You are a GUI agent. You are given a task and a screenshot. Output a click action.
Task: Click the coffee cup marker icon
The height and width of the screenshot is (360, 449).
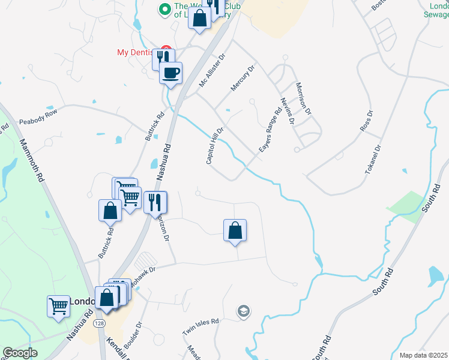pos(170,73)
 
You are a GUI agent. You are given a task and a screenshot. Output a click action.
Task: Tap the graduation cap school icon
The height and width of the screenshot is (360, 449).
pos(244,311)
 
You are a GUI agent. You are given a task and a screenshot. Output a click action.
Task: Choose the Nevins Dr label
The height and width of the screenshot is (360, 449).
pos(287,109)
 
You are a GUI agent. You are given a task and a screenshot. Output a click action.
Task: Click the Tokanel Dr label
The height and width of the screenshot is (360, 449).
pos(373,160)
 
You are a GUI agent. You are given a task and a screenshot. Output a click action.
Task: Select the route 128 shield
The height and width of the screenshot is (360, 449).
pos(97,323)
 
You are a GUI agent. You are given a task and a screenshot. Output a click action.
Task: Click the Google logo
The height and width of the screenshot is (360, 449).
pos(20,353)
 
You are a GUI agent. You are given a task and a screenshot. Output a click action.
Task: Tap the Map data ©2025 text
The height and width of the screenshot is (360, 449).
pos(423,355)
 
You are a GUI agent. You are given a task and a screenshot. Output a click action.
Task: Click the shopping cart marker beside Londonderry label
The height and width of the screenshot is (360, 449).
pos(58,306)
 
